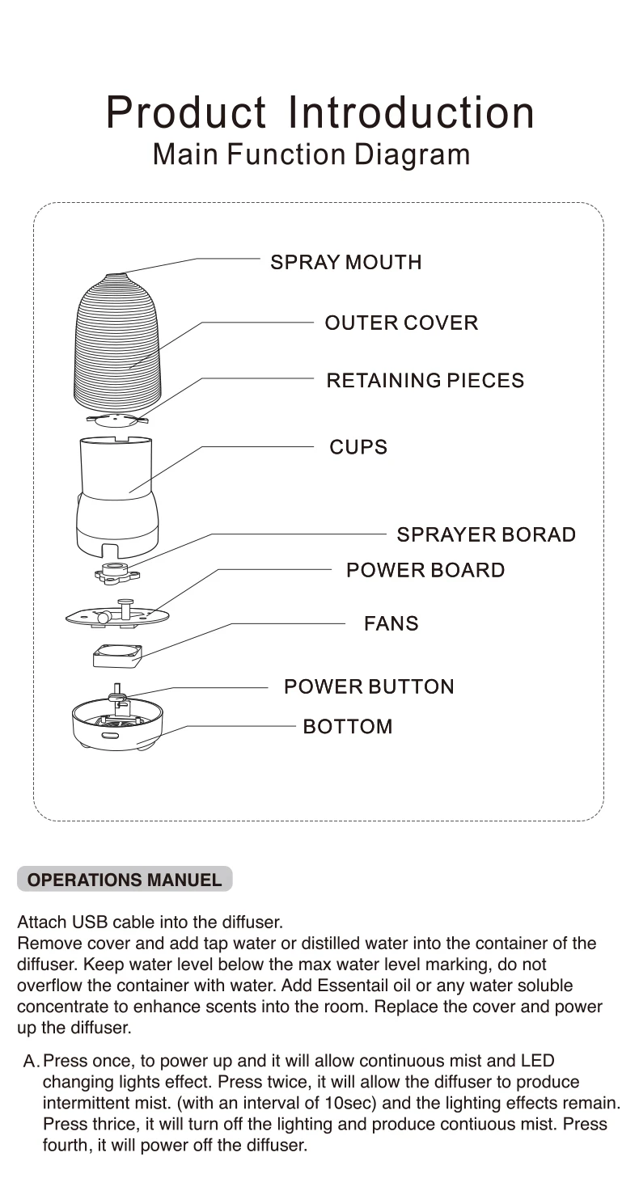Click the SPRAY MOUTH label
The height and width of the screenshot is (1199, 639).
[345, 262]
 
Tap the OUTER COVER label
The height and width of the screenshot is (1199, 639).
[401, 323]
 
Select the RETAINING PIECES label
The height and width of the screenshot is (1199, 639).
[425, 380]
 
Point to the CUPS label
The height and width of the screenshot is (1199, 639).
[358, 447]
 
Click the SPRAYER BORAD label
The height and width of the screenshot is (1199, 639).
[485, 534]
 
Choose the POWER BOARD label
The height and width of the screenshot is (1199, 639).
[425, 570]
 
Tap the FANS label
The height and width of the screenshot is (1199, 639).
[391, 623]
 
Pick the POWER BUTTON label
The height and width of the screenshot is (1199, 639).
[369, 686]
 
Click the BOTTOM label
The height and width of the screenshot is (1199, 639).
[348, 726]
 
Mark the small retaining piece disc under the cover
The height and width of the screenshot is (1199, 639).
[116, 419]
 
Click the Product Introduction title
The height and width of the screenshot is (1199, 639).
[320, 112]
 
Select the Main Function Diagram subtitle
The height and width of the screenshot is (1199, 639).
[311, 154]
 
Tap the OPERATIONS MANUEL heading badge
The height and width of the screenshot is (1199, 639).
[125, 880]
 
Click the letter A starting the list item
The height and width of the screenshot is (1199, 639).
[31, 1061]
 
